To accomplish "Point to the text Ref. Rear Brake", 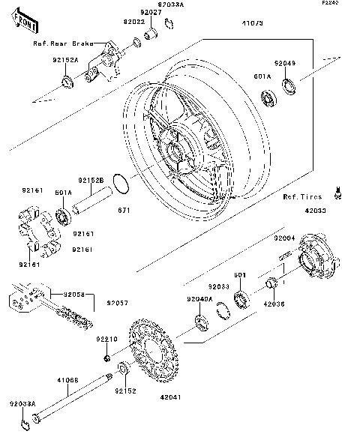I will tap(63, 43).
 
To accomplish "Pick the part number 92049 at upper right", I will tap(285, 64).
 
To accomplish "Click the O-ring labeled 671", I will tap(120, 182).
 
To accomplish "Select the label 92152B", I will tap(90, 180).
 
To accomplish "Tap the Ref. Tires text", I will tap(301, 196).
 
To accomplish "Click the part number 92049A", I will tap(201, 299).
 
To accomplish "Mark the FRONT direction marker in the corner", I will tap(25, 24).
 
